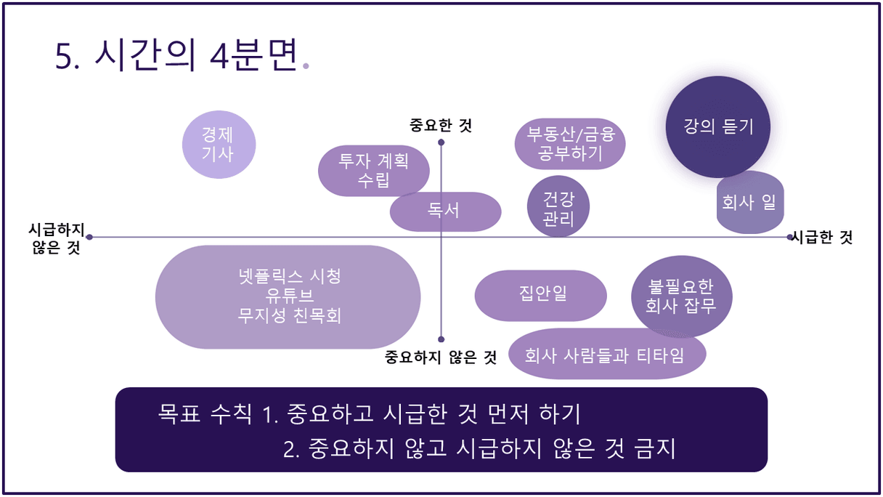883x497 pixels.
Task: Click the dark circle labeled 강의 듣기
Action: click(718, 126)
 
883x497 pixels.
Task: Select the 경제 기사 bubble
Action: click(219, 145)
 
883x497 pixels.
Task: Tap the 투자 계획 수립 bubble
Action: click(374, 171)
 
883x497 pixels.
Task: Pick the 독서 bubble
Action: click(445, 211)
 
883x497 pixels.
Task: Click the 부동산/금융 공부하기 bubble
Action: click(570, 144)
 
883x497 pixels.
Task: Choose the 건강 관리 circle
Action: click(558, 206)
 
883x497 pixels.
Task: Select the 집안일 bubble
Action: click(541, 296)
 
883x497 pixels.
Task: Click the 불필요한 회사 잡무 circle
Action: click(682, 296)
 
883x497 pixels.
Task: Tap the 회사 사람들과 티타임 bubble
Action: click(607, 354)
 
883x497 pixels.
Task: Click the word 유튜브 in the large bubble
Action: click(290, 295)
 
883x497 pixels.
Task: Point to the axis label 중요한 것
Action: click(441, 126)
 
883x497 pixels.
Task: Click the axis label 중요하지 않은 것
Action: click(441, 357)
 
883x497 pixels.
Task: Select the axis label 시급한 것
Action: click(822, 238)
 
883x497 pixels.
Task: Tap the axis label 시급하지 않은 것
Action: click(57, 238)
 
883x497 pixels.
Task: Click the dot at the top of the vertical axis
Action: click(441, 142)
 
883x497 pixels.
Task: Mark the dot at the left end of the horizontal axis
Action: click(89, 237)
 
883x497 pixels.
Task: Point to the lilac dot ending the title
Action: click(306, 66)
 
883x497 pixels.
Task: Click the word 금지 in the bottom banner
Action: click(655, 448)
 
